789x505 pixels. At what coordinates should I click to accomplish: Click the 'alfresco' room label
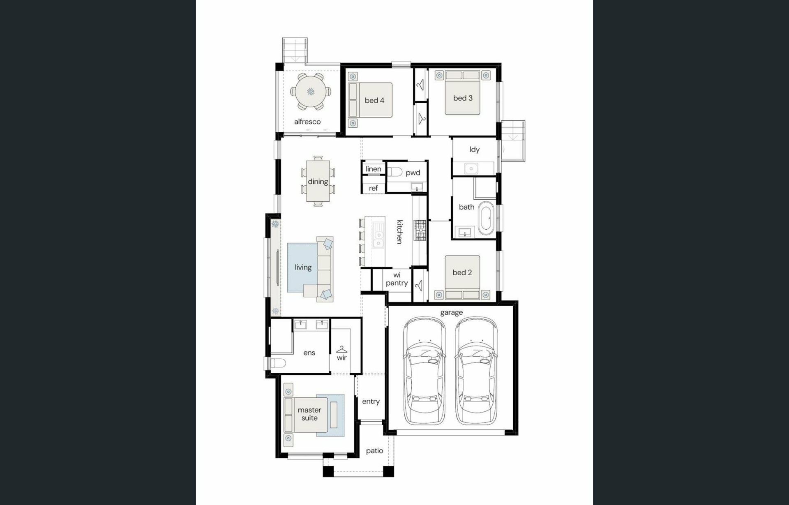(x=307, y=122)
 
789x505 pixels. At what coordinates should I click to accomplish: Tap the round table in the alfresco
(x=311, y=92)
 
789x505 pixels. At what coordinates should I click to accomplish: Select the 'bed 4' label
(x=374, y=100)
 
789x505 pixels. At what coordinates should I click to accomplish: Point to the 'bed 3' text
(x=463, y=98)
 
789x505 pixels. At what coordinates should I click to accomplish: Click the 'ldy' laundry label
(x=475, y=150)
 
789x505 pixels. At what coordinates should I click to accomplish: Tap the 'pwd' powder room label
(x=413, y=173)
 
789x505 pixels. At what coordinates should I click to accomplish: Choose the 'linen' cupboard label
(x=373, y=169)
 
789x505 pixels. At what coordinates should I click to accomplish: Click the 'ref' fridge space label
(x=373, y=188)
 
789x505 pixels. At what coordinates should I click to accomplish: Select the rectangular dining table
(x=318, y=181)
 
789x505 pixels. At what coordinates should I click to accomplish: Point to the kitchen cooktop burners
(x=420, y=230)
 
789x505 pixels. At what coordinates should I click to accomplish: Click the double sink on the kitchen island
(x=378, y=235)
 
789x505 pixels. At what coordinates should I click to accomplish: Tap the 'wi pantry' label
(x=397, y=279)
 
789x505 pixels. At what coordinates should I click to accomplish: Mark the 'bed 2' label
(x=462, y=272)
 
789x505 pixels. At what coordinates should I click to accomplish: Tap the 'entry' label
(x=371, y=401)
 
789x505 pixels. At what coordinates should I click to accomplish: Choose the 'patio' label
(x=374, y=451)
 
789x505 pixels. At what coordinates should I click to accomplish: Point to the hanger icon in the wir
(x=341, y=349)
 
